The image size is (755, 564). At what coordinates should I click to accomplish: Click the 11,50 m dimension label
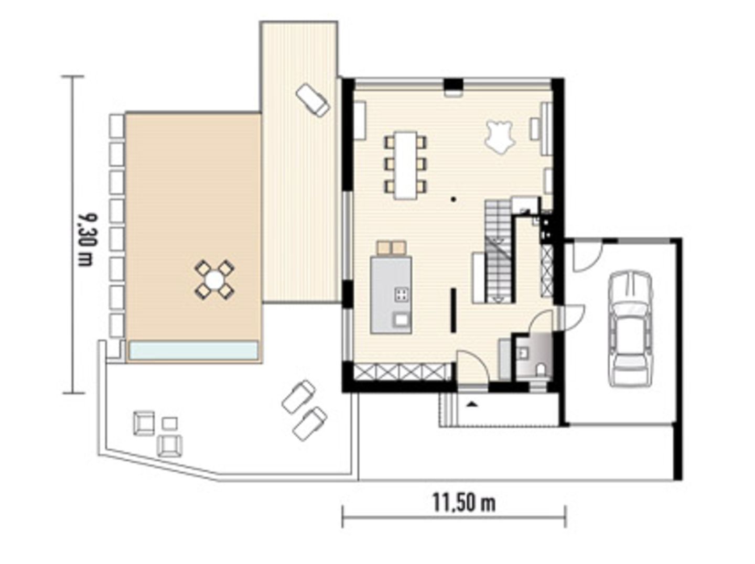[x=463, y=503]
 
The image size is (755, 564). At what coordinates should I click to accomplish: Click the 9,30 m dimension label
[x=84, y=238]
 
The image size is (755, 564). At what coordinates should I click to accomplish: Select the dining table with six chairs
[x=406, y=165]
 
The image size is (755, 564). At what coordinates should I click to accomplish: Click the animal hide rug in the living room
[x=499, y=136]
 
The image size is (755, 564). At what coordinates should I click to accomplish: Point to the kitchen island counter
[x=390, y=295]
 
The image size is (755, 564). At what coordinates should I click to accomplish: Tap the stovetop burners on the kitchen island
[x=402, y=294]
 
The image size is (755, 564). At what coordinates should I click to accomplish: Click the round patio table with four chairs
[x=214, y=279]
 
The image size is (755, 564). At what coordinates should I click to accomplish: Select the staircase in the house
[x=498, y=251]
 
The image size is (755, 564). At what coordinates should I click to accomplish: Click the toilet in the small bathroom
[x=540, y=371]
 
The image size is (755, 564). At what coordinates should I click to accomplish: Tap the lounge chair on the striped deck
[x=312, y=100]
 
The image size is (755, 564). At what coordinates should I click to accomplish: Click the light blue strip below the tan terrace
[x=193, y=350]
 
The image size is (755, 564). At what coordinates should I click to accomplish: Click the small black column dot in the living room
[x=454, y=199]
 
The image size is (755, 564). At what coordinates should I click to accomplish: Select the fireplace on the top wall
[x=453, y=88]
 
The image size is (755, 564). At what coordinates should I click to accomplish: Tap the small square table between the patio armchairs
[x=169, y=423]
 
